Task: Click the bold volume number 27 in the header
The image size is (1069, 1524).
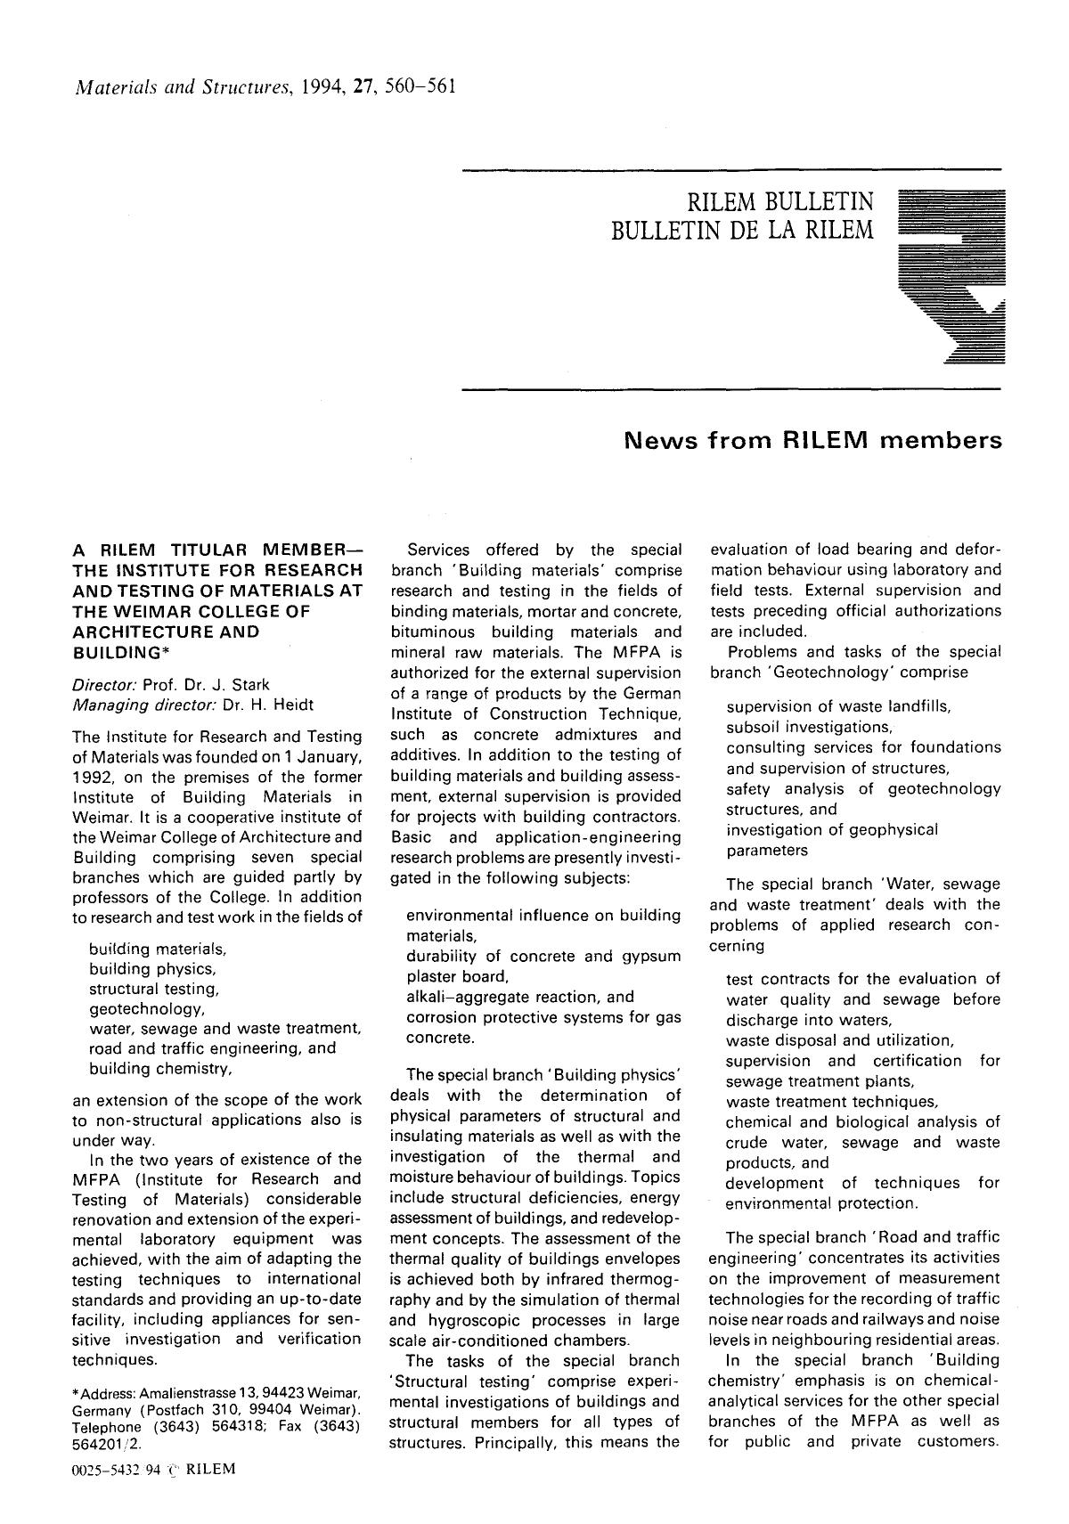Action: [x=363, y=87]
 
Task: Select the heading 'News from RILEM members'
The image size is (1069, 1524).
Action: [x=812, y=441]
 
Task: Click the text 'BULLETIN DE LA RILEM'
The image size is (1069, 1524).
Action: [x=743, y=231]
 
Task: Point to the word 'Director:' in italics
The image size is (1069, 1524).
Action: [x=102, y=684]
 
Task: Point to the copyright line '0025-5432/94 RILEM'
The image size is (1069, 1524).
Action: [x=153, y=1469]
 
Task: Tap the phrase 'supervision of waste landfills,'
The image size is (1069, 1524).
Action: [x=839, y=706]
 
